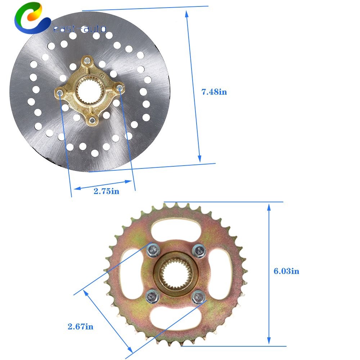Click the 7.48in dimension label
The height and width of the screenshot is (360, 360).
click(x=214, y=92)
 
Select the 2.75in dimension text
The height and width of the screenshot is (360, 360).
click(x=106, y=191)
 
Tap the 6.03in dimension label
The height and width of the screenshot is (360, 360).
click(x=286, y=271)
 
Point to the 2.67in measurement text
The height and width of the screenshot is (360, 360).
click(x=80, y=327)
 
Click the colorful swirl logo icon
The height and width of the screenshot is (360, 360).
click(x=32, y=18)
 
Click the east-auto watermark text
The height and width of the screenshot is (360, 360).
click(x=80, y=29)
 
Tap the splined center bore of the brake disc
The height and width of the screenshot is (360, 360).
click(x=89, y=91)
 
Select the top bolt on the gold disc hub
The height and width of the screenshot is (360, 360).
click(x=87, y=60)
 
